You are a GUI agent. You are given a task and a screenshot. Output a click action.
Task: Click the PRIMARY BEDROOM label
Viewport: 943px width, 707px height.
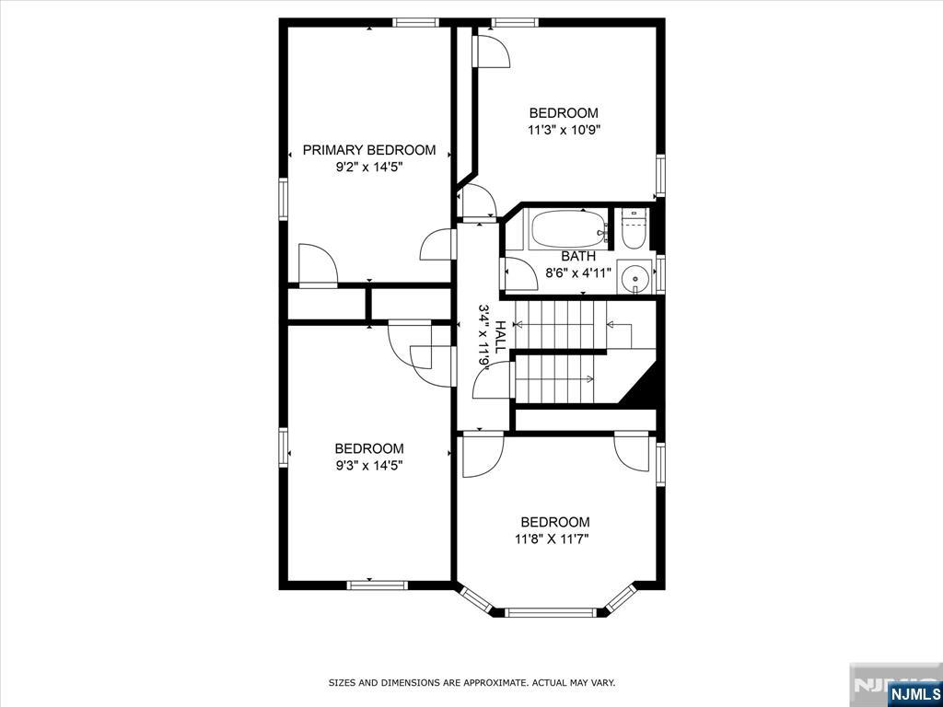pyautogui.click(x=368, y=150)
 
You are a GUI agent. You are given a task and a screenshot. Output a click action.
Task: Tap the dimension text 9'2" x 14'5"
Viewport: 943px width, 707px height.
pyautogui.click(x=368, y=168)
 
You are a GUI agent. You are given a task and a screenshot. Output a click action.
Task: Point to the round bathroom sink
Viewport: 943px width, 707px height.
pyautogui.click(x=634, y=276)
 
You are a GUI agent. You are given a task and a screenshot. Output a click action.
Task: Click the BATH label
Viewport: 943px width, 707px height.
pyautogui.click(x=578, y=256)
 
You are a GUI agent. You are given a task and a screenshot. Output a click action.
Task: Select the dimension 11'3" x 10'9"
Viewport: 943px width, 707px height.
pyautogui.click(x=564, y=131)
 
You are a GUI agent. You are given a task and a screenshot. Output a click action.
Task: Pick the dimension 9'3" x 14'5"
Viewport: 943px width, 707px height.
pyautogui.click(x=368, y=466)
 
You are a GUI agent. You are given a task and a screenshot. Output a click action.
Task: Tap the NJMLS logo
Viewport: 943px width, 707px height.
pyautogui.click(x=914, y=692)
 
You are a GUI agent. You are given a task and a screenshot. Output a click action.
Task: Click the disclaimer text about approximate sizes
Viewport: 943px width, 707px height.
pyautogui.click(x=471, y=683)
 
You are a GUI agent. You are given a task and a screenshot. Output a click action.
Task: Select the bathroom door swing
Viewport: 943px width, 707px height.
pyautogui.click(x=518, y=274)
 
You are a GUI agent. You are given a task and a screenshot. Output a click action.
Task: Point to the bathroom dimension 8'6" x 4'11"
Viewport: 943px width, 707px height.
pyautogui.click(x=578, y=272)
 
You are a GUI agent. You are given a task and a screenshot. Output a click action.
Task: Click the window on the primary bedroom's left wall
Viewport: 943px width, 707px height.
pyautogui.click(x=284, y=197)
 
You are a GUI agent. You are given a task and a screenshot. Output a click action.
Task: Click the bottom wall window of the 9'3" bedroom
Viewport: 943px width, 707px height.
pyautogui.click(x=377, y=584)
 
